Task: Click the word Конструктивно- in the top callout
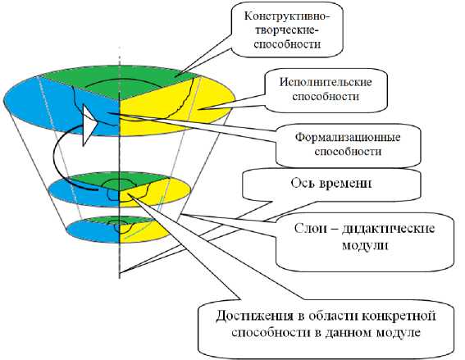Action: click(287, 16)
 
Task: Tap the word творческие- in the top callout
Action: click(287, 30)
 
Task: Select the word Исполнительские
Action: click(326, 82)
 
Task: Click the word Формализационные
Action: click(348, 137)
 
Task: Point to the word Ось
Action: click(302, 183)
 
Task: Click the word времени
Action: click(346, 184)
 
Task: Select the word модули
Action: click(365, 246)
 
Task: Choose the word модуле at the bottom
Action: click(399, 333)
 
